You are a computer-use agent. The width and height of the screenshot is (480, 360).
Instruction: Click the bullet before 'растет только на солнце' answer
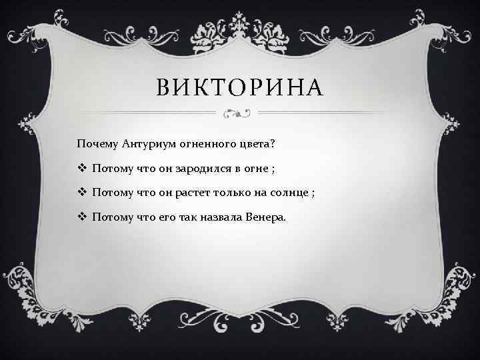pyautogui.click(x=81, y=193)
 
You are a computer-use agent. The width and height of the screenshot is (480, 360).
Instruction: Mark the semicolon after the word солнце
pyautogui.click(x=312, y=193)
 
